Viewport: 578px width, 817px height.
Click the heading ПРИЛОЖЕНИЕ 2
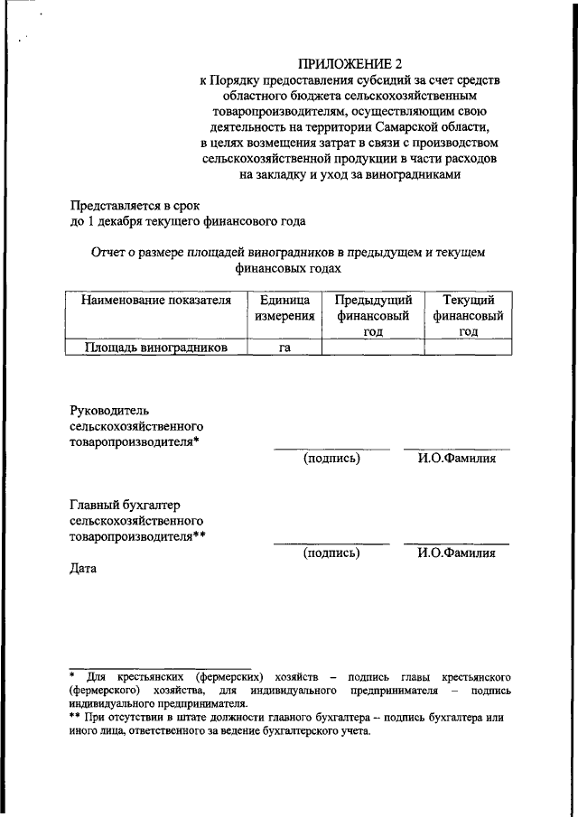(x=349, y=63)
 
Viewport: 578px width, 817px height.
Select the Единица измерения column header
(x=284, y=308)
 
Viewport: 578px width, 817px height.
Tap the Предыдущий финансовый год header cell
(x=373, y=315)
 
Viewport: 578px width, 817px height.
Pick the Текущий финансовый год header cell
(x=467, y=315)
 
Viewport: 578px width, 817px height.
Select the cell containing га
(x=284, y=347)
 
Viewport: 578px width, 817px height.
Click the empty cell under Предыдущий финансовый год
(x=373, y=347)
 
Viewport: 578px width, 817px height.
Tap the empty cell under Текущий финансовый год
(x=467, y=347)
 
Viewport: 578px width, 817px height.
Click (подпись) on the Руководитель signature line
(x=331, y=459)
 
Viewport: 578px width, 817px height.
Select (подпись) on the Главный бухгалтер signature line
(x=331, y=553)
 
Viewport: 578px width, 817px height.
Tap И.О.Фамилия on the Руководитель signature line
(x=456, y=459)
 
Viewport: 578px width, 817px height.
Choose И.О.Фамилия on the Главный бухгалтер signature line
(x=456, y=553)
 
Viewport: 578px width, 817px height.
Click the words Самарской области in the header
(x=436, y=126)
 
